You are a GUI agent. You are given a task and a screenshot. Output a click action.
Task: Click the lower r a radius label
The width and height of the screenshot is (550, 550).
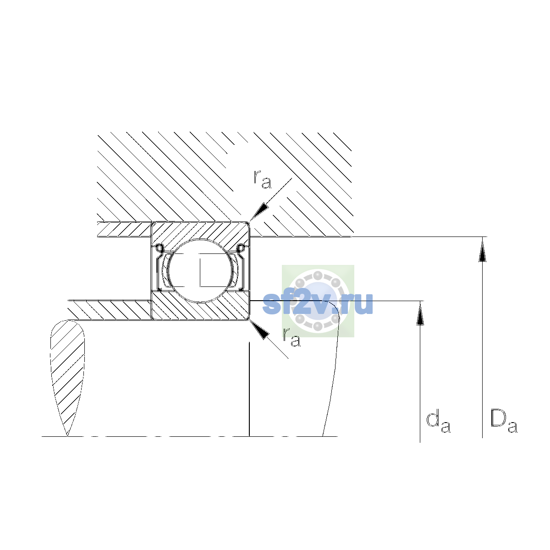pyautogui.click(x=291, y=337)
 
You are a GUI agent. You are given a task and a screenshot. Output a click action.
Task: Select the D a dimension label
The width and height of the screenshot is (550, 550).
pyautogui.click(x=504, y=422)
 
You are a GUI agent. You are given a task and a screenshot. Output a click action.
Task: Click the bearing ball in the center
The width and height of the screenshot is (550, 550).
pyautogui.click(x=201, y=270)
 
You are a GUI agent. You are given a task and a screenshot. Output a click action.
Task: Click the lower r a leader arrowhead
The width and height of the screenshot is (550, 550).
pyautogui.click(x=259, y=329)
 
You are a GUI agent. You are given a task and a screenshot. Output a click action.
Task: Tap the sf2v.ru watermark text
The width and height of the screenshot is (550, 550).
pyautogui.click(x=318, y=303)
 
